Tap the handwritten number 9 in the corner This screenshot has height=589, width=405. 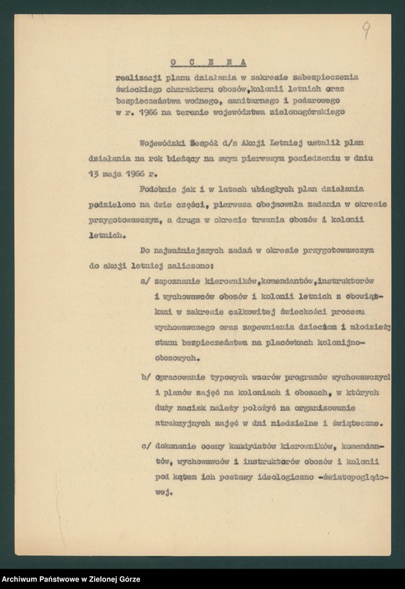click(x=366, y=29)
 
